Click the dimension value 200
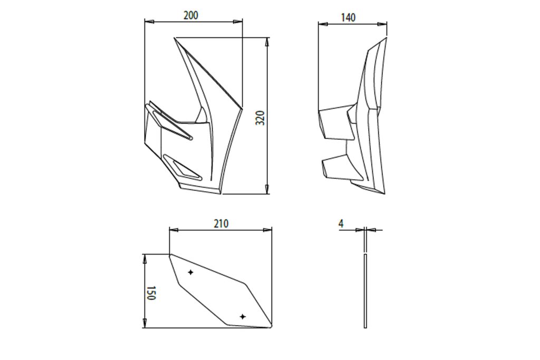(x=191, y=15)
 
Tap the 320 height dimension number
(x=261, y=118)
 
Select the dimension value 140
(x=348, y=17)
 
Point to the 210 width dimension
(x=221, y=223)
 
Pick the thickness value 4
(x=341, y=223)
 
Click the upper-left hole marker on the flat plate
(x=190, y=272)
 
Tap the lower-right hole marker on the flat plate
(x=243, y=316)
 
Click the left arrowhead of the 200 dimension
(x=149, y=22)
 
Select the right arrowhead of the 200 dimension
(x=238, y=22)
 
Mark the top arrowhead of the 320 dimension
(x=267, y=42)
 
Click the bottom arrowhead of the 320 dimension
(x=267, y=189)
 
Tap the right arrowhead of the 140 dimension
(x=382, y=24)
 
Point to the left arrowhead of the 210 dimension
(x=174, y=230)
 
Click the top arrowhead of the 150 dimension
(x=144, y=259)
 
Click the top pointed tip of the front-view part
(x=175, y=38)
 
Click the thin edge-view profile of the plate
(x=365, y=278)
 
